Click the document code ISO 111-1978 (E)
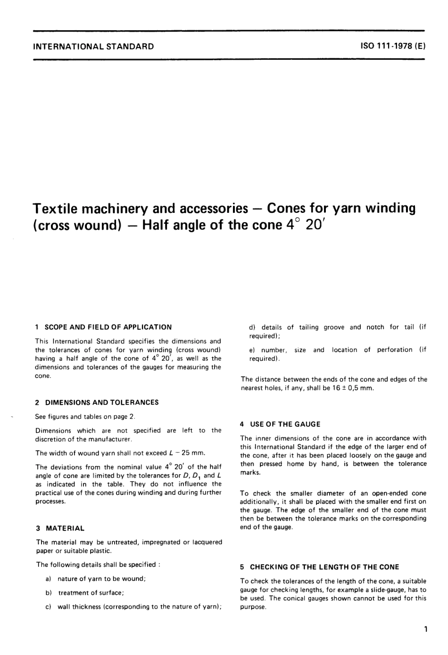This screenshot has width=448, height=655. [392, 46]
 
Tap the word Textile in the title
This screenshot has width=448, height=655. [59, 208]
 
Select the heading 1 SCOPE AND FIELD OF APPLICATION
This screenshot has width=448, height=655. [103, 327]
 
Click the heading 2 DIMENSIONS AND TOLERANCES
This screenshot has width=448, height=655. [97, 403]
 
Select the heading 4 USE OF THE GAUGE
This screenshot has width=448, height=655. [280, 424]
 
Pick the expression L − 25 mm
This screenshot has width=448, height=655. [186, 453]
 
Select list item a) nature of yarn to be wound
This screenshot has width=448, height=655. [96, 579]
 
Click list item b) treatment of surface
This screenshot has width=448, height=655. [85, 593]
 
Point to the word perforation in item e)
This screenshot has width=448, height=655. [394, 350]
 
